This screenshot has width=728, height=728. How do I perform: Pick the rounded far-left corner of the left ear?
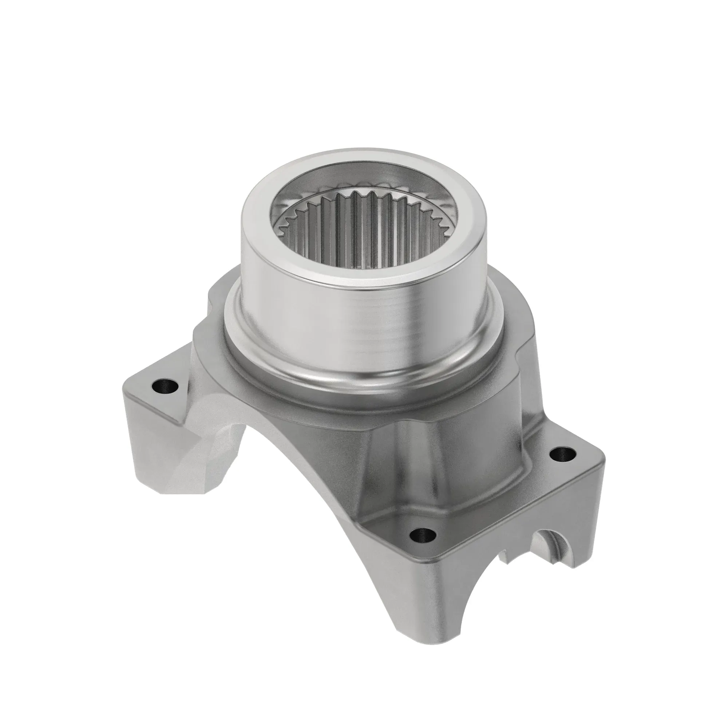pyautogui.click(x=126, y=392)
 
